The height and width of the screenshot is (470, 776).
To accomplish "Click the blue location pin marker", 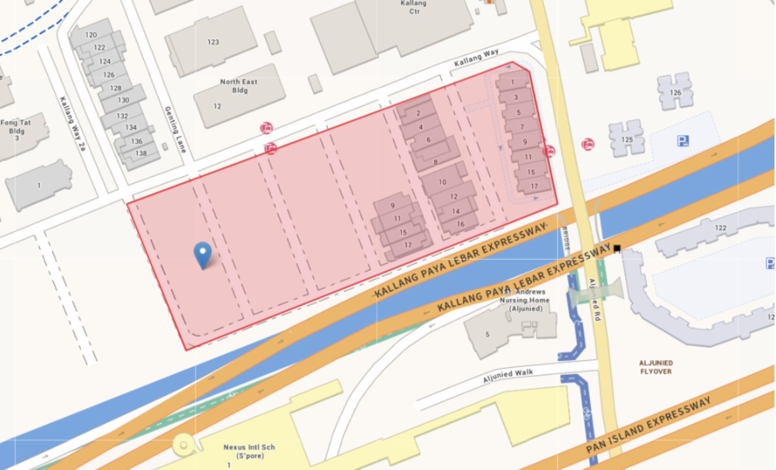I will coord(203,253).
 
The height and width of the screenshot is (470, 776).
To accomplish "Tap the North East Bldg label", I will coord(239,86).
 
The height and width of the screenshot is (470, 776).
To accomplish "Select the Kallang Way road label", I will coord(476,58).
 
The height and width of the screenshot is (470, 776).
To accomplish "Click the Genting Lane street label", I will coord(175,129).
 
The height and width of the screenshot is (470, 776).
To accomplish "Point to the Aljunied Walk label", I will coord(508,376).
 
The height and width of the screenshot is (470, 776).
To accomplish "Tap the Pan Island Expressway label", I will coord(648,425).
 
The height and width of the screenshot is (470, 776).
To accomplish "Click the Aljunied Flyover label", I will coord(656,367).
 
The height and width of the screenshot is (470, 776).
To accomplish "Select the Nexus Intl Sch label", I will coord(249,451).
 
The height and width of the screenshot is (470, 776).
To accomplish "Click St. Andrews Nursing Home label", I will coord(524,300).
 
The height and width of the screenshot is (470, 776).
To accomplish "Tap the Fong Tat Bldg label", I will coord(16,127).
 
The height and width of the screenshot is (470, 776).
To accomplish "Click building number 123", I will coord(213,42).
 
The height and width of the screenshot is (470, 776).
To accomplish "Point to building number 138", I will coord(141,153).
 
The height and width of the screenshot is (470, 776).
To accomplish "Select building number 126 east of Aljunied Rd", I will coord(675,93).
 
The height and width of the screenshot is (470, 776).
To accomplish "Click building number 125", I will coord(627,140).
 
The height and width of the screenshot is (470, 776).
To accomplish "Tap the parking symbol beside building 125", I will coord(683,141).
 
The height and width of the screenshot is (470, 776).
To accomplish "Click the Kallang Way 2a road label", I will coord(73,124).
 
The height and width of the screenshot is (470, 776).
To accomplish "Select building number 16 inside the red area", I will coord(460,224).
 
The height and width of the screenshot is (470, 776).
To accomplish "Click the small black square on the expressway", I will coord(617,248).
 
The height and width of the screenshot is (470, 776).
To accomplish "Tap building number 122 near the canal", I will coord(720,228).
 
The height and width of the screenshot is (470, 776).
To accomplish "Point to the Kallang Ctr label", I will coord(414,7).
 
